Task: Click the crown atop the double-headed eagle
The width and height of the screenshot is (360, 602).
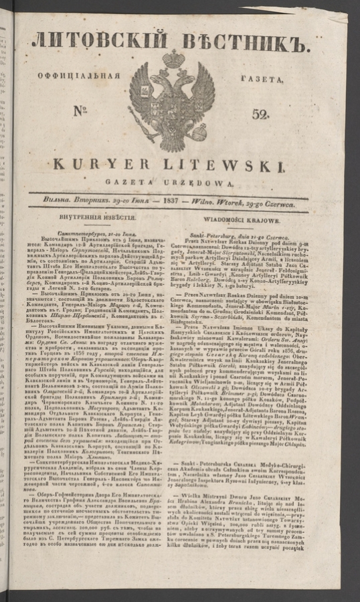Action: pos(173,60)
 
